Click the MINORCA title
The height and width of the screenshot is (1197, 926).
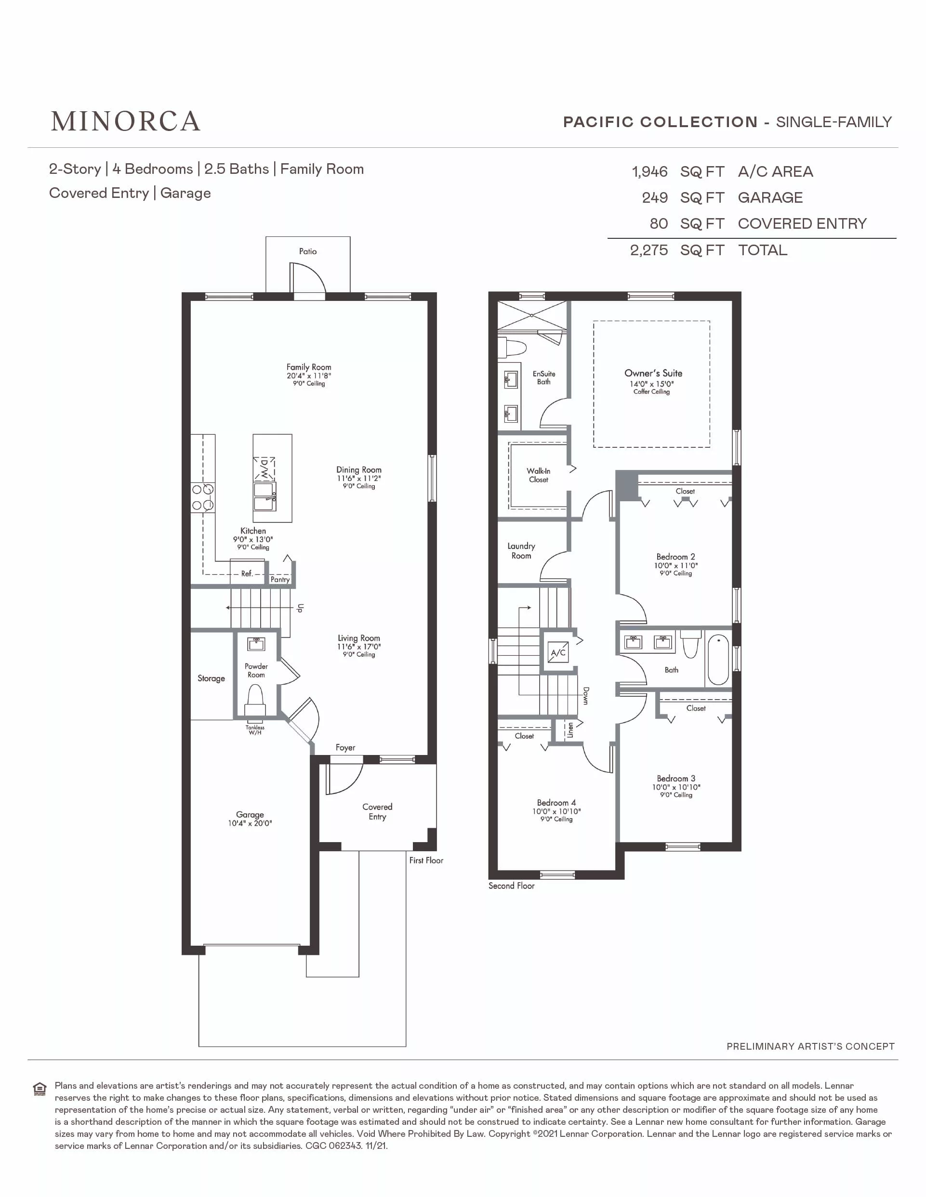[x=126, y=122]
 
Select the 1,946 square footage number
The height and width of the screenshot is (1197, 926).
[x=649, y=172]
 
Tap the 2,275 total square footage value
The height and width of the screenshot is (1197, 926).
[x=648, y=250]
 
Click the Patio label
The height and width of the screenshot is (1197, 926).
[x=307, y=251]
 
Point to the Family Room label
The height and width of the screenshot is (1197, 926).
[x=309, y=367]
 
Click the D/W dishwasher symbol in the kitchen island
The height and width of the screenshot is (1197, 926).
[x=264, y=468]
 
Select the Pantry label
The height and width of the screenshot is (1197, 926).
[x=280, y=579]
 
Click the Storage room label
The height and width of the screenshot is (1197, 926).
[x=211, y=678]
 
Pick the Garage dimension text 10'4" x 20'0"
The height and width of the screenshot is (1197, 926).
[x=250, y=823]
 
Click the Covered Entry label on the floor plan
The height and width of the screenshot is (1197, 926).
[x=377, y=812]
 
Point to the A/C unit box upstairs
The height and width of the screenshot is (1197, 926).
[x=558, y=652]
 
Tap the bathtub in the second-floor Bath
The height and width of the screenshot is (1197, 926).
[x=718, y=659]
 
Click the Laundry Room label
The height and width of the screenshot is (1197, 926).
[x=521, y=551]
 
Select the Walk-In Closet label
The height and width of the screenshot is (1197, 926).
[x=538, y=475]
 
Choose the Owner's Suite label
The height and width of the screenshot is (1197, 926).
[x=653, y=373]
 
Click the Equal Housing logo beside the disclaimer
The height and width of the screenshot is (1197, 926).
[x=40, y=1090]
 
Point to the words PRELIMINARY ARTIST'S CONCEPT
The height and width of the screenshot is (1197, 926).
[x=810, y=1047]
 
